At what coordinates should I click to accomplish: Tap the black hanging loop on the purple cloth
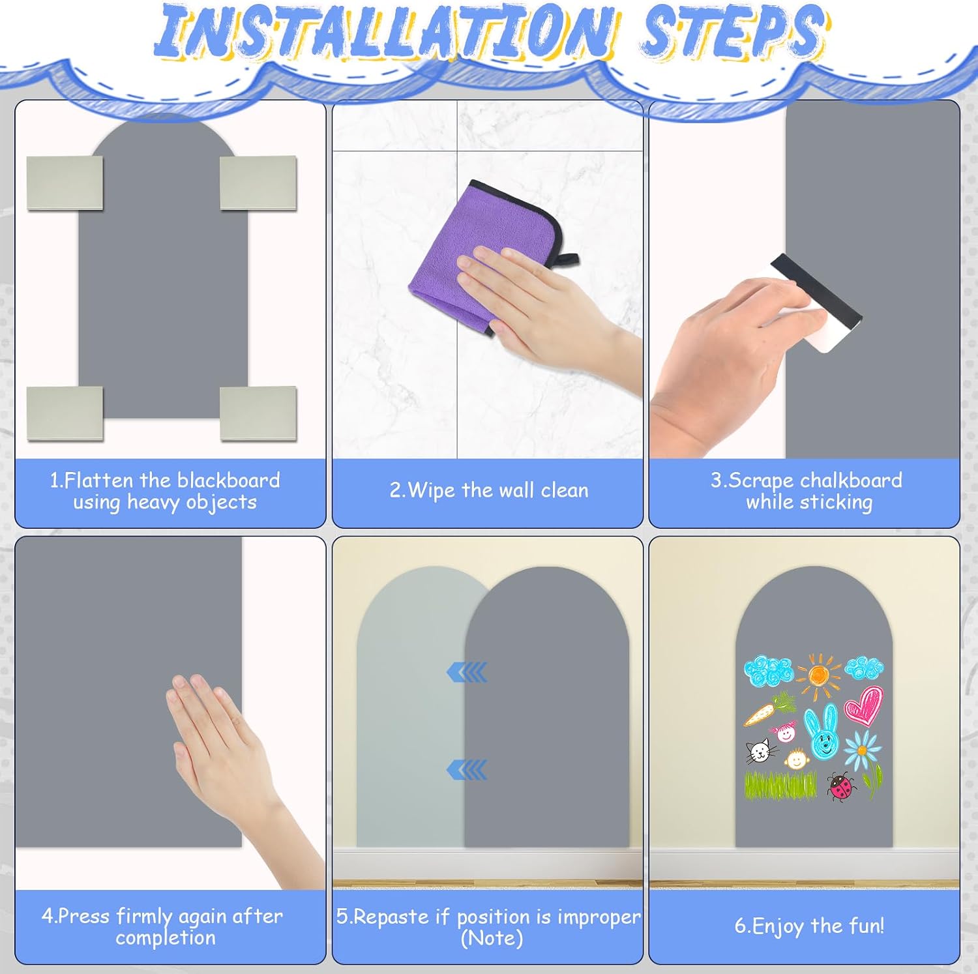[x=563, y=260]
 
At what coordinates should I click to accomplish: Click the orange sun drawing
[x=818, y=676]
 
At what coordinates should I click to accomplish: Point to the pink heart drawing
[x=865, y=705]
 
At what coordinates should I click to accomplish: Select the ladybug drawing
[x=842, y=786]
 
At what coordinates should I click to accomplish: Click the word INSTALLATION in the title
[x=385, y=31]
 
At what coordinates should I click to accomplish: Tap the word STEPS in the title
[x=734, y=31]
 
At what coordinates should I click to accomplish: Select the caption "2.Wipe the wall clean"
[x=488, y=490]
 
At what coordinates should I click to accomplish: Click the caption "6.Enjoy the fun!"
[x=809, y=926]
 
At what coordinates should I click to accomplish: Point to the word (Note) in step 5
[x=492, y=938]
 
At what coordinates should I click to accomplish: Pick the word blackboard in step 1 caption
[x=228, y=480]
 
